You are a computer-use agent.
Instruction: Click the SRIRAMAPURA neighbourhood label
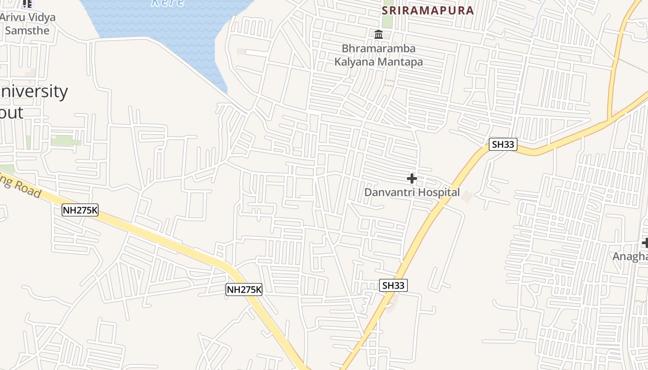pos(428,11)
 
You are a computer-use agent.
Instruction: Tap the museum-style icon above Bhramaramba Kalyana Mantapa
pos(379,34)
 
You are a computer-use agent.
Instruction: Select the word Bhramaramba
pos(379,49)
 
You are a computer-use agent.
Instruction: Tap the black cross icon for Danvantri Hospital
pos(411,178)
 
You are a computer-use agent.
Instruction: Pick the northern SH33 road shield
pos(503,144)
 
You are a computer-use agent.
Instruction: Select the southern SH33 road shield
pos(393,285)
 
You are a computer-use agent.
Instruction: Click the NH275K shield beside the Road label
pos(80,210)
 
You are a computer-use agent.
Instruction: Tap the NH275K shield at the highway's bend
pos(244,290)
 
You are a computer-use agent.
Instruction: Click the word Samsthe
pos(27,31)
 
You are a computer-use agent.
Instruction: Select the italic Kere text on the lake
pos(168,3)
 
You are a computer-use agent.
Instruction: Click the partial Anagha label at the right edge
pos(630,257)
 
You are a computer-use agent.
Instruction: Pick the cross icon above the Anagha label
pos(645,243)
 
